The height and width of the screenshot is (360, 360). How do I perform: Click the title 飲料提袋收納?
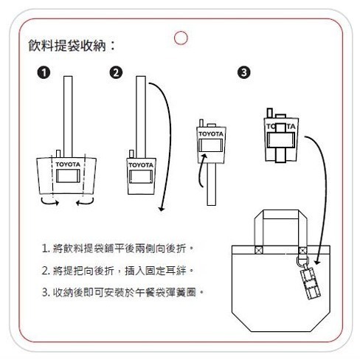tap(71, 46)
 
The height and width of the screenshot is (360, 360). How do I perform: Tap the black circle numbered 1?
tap(45, 72)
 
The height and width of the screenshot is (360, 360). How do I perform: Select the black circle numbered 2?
tap(116, 72)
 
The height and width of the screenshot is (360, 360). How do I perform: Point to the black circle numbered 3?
tap(246, 72)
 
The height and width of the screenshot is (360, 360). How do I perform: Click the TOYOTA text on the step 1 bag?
tap(69, 164)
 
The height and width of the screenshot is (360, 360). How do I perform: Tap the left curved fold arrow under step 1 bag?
tap(48, 200)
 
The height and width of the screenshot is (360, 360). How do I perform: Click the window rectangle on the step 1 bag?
tap(68, 177)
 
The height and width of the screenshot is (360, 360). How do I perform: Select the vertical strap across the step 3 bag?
tap(280, 140)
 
